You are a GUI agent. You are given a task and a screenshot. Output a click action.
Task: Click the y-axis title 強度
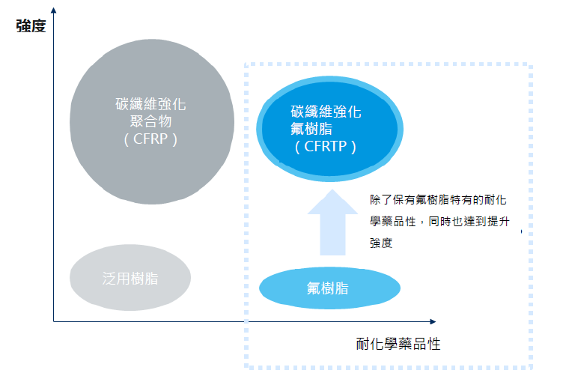[x=31, y=26]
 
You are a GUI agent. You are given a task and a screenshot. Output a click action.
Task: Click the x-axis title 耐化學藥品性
[x=398, y=345]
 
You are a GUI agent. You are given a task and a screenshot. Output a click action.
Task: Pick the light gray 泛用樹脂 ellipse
[x=130, y=277]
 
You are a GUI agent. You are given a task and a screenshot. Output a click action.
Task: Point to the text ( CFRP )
[x=150, y=139]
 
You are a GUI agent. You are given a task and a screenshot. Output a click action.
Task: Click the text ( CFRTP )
[x=325, y=147]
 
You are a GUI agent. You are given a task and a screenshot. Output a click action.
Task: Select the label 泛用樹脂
[x=130, y=278]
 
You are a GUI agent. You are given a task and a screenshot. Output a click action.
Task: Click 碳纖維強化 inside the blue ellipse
[x=326, y=112]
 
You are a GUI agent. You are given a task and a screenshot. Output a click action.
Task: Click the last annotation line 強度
[x=381, y=243]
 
